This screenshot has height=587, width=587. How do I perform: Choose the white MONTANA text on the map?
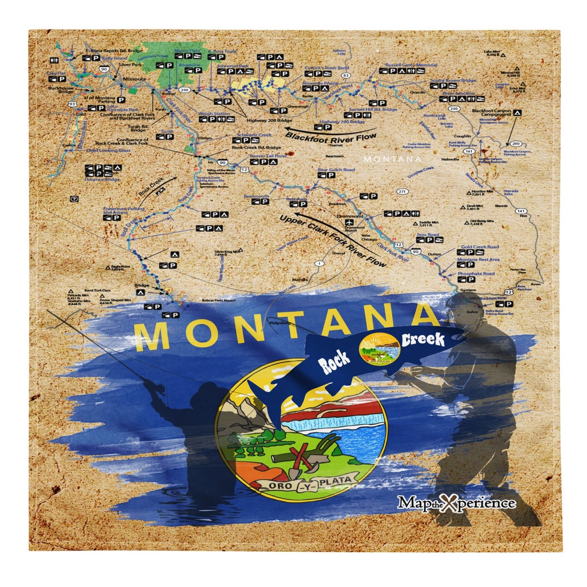[392, 159]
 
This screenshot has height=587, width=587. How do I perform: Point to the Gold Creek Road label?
[480, 247]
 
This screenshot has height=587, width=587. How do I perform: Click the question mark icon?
[74, 199]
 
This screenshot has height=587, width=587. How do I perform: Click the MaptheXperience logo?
[456, 502]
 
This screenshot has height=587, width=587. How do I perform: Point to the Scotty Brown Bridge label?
[453, 80]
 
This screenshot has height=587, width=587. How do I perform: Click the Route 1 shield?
[319, 263]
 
